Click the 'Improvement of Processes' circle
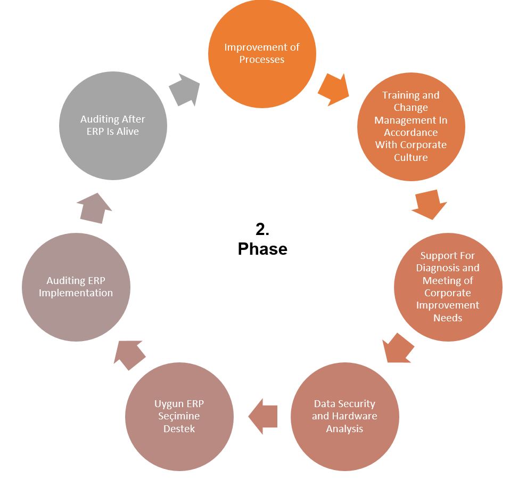tap(261, 53)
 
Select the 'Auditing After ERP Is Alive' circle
tap(113, 126)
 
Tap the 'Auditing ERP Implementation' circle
tap(76, 287)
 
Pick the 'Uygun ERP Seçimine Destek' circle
tap(179, 416)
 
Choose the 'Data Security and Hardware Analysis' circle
tap(344, 416)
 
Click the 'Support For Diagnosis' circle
tap(448, 287)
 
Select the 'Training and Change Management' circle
tap(410, 126)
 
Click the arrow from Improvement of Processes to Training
tap(333, 90)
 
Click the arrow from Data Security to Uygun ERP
tap(263, 416)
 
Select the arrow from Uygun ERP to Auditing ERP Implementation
tap(129, 354)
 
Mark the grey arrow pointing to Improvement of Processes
tap(184, 90)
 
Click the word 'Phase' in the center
tap(262, 249)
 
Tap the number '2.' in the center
tap(262, 229)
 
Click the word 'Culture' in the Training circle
tap(410, 157)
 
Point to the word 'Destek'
tap(179, 428)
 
